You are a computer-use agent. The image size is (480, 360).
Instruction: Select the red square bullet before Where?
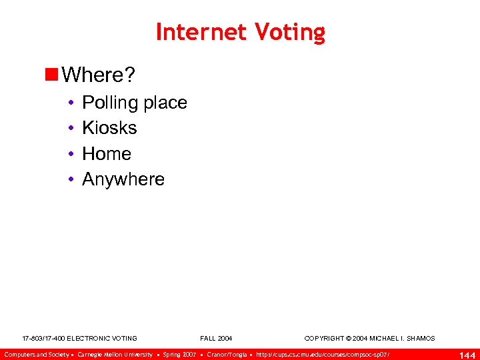pyautogui.click(x=51, y=75)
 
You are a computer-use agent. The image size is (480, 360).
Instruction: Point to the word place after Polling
pyautogui.click(x=165, y=103)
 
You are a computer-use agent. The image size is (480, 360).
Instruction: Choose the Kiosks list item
pyautogui.click(x=109, y=128)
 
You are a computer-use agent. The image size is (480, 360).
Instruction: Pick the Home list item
pyautogui.click(x=107, y=154)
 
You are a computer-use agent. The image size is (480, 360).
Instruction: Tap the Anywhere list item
pyautogui.click(x=123, y=179)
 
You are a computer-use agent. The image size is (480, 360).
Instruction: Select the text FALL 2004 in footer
pyautogui.click(x=216, y=339)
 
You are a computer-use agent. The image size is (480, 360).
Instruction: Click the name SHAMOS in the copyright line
pyautogui.click(x=419, y=339)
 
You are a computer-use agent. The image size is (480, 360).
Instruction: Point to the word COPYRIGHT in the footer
pyautogui.click(x=325, y=339)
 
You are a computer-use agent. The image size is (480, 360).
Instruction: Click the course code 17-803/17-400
pyautogui.click(x=43, y=339)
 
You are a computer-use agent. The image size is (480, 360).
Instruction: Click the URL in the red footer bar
pyautogui.click(x=323, y=354)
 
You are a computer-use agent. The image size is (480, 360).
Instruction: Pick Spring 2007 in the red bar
pyautogui.click(x=179, y=354)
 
